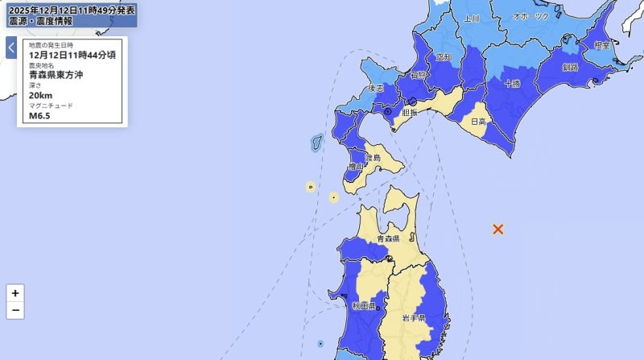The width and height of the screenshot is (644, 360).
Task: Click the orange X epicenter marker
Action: click(497, 230)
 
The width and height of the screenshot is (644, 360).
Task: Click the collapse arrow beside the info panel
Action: click(11, 48)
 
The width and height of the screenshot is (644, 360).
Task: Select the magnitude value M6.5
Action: click(39, 115)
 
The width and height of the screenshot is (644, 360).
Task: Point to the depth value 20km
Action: click(40, 95)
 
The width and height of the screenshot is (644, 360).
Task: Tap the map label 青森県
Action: click(394, 239)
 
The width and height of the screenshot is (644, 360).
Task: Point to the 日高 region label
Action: click(478, 122)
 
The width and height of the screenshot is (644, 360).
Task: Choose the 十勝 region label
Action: click(512, 83)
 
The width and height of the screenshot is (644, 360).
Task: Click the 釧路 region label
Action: click(572, 67)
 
